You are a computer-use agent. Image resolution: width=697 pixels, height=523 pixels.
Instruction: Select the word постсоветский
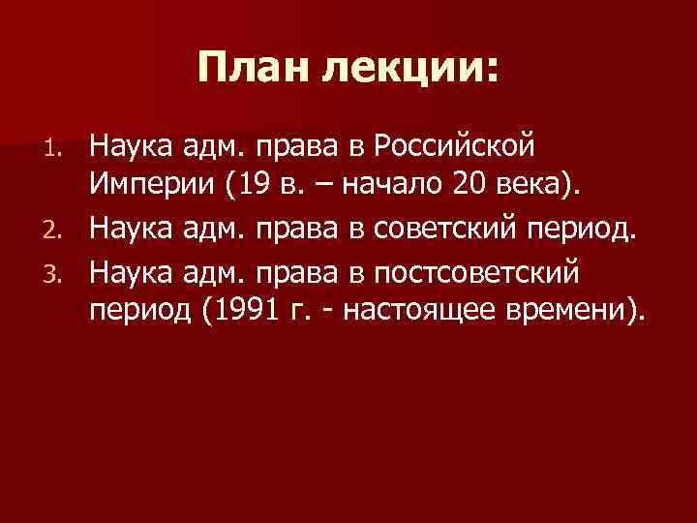(485, 274)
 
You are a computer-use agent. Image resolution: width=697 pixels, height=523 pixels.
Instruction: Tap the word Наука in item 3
(132, 274)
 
